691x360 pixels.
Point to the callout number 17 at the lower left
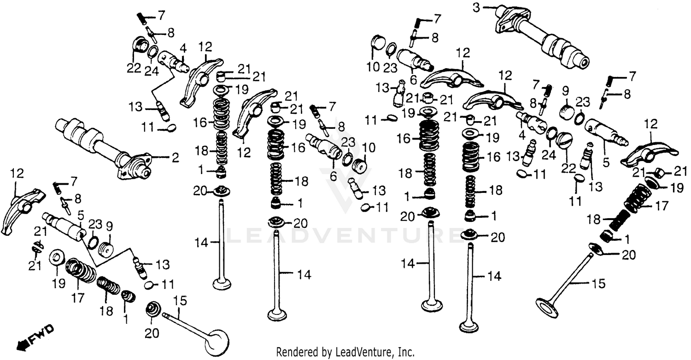click(x=78, y=298)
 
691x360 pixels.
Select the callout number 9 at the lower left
click(x=109, y=226)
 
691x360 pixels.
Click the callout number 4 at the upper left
click(x=183, y=47)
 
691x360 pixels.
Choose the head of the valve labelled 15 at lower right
click(x=547, y=306)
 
